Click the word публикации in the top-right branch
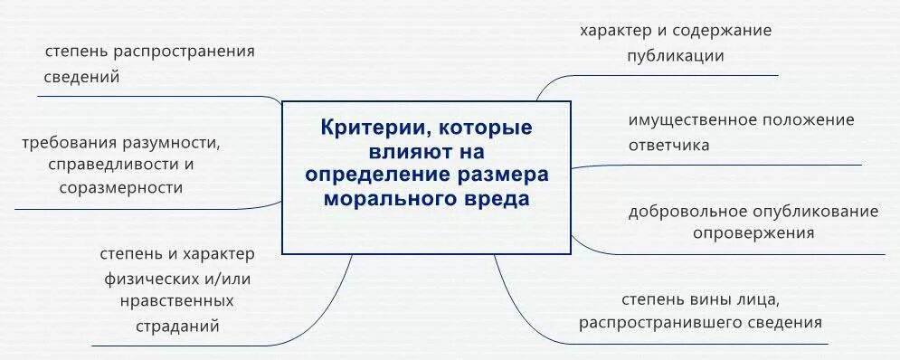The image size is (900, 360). tap(675, 55)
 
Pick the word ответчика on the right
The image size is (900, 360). tap(669, 145)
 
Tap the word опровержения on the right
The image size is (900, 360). tap(753, 232)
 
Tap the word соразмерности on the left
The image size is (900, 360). tap(120, 188)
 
